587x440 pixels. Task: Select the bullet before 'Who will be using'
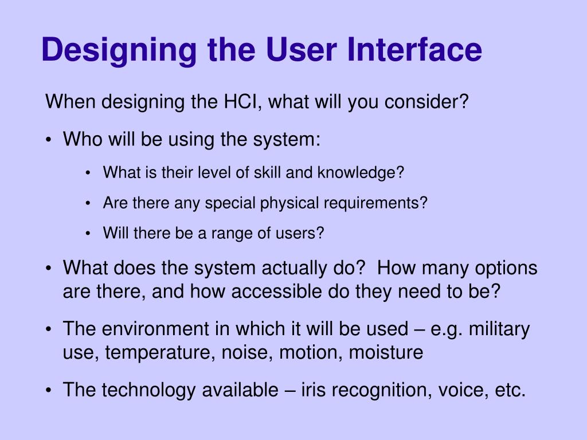[50, 139]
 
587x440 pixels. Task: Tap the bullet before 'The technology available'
[50, 390]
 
